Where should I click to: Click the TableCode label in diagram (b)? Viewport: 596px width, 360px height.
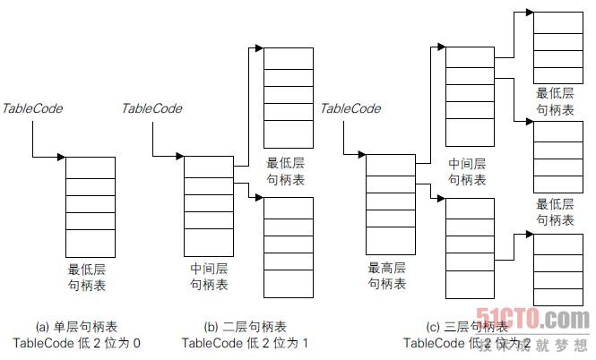[x=151, y=108]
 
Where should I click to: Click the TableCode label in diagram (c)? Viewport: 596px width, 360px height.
[x=350, y=108]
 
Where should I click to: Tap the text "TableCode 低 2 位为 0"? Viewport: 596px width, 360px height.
[x=77, y=343]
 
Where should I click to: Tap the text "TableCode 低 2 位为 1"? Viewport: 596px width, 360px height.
[x=245, y=343]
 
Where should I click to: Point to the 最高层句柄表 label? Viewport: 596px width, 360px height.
[x=387, y=275]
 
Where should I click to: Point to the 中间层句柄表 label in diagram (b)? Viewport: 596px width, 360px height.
[x=208, y=276]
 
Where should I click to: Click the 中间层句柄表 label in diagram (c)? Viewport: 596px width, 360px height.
[x=467, y=172]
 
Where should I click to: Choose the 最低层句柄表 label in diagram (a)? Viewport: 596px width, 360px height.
[x=91, y=275]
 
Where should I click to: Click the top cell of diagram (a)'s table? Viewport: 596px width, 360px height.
[x=91, y=166]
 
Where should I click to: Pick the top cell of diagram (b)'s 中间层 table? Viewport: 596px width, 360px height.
[x=208, y=164]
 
